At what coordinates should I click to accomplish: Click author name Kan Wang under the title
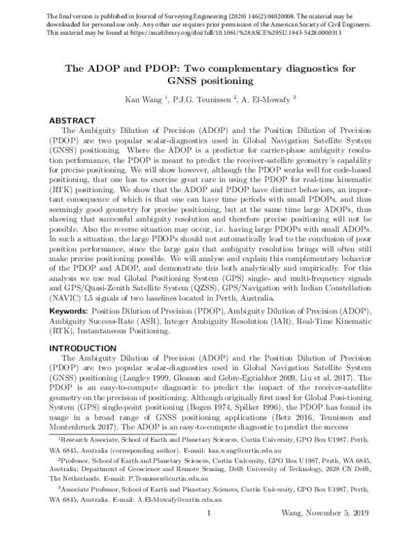coord(142,100)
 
